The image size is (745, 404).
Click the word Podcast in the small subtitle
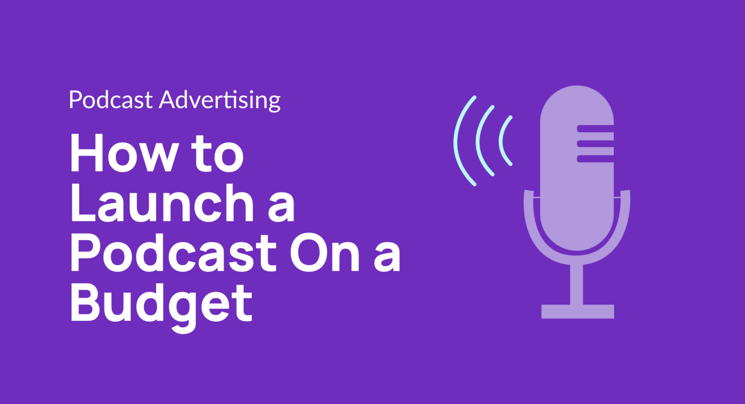(111, 100)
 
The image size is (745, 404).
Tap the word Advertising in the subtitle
(219, 100)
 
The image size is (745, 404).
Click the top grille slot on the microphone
(595, 128)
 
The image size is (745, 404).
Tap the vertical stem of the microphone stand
(577, 284)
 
